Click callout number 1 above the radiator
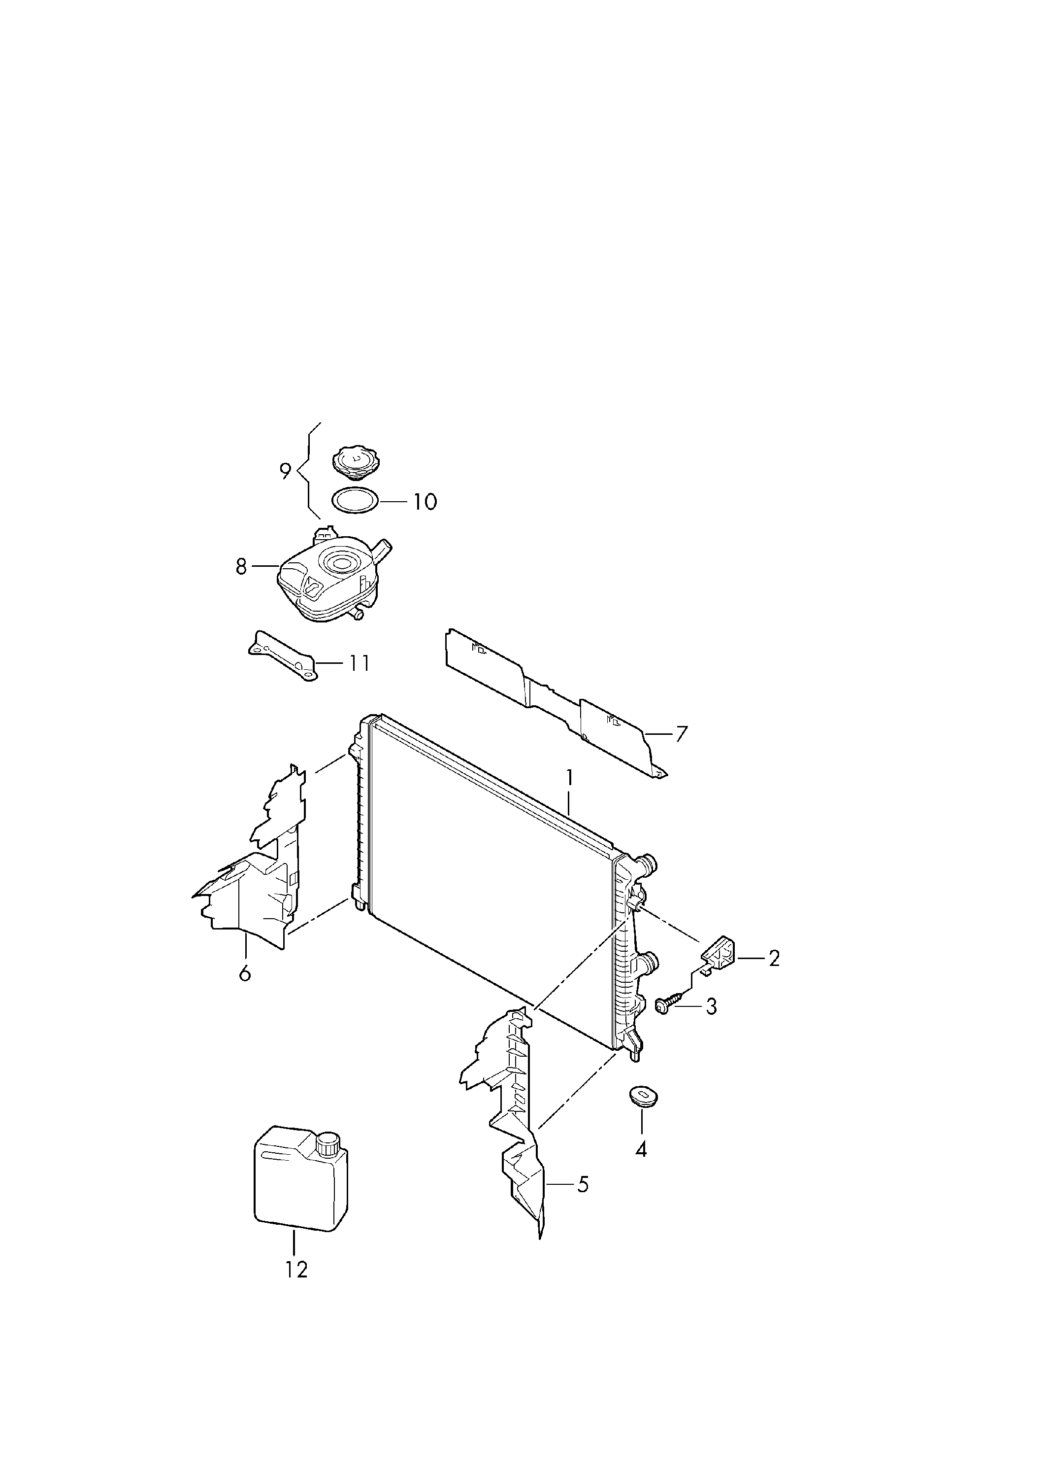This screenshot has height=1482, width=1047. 569,778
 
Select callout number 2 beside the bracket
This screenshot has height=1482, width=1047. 774,958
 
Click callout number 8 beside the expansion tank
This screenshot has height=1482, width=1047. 241,567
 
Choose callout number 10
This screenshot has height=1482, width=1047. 425,502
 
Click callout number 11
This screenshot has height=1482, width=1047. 360,663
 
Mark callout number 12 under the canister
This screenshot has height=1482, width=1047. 297,1270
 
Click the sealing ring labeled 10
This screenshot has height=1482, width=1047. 354,501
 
